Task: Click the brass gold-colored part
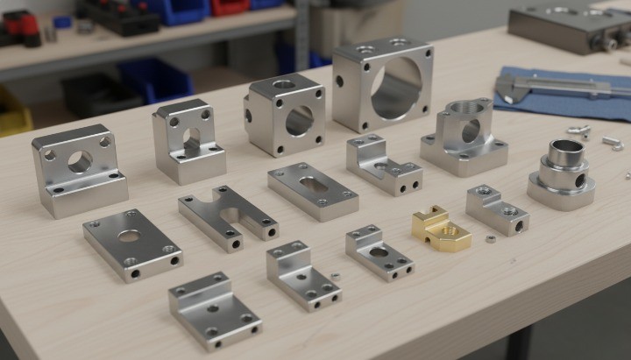click(x=440, y=229)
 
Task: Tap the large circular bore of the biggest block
click(x=395, y=88)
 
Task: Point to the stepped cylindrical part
click(x=562, y=170)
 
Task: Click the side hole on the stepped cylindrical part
click(x=579, y=180)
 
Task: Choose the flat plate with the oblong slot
click(x=312, y=189)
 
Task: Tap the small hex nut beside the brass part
click(x=491, y=237)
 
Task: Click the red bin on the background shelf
click(x=230, y=6)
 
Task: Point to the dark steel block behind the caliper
click(x=570, y=26)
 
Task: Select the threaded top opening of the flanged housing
click(x=464, y=108)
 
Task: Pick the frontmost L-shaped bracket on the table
click(x=213, y=308)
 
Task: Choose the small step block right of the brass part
click(x=496, y=208)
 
